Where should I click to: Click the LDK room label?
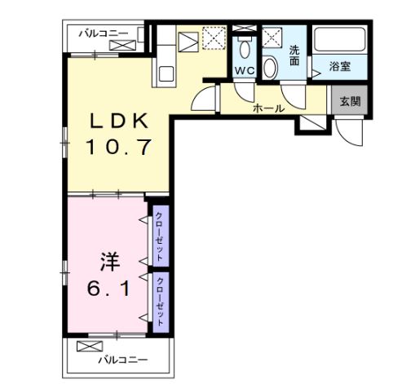coord(119,121)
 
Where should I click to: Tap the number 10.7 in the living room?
coord(119,148)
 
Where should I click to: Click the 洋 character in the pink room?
coord(109,262)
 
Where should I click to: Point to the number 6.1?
coord(109,288)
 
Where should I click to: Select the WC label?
coord(245,71)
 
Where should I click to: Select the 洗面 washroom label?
coord(294,55)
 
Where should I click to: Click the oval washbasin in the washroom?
coord(272,68)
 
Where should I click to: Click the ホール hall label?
coord(268,108)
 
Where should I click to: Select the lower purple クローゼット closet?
coord(160,299)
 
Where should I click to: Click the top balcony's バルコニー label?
coord(104,33)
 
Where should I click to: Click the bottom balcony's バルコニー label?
coord(122,359)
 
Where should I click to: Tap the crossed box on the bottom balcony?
coord(86,346)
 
